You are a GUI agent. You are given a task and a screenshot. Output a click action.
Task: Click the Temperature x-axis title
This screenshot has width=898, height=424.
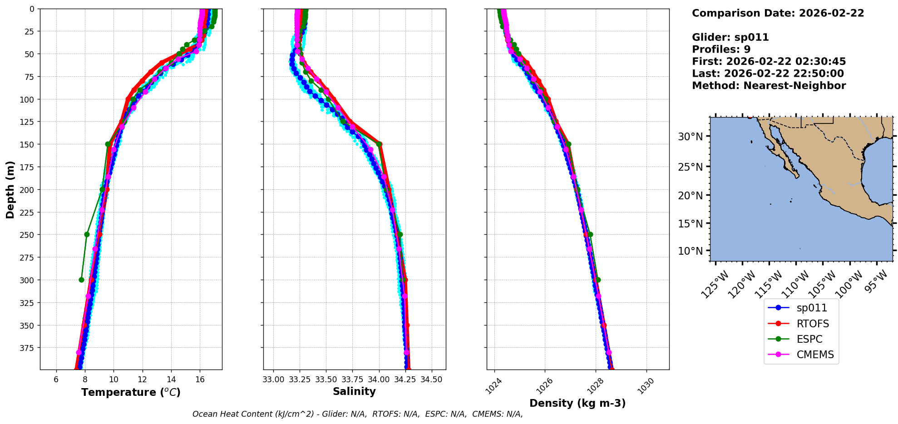131,392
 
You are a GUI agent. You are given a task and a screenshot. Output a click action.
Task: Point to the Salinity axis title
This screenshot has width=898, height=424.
354,391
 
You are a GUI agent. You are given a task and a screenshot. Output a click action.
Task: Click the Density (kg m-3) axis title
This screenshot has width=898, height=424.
577,403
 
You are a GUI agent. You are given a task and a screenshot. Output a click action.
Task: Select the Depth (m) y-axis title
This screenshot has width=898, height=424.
10,189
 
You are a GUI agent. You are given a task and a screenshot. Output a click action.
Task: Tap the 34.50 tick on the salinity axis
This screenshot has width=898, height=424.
431,380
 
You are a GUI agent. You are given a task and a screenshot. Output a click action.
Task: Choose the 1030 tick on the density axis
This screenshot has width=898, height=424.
646,385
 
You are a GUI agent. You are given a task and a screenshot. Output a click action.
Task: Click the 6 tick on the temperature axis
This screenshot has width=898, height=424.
56,380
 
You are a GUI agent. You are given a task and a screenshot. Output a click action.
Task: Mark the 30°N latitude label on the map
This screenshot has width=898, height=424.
690,137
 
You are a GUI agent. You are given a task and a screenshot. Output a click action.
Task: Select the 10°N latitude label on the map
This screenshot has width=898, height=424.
690,251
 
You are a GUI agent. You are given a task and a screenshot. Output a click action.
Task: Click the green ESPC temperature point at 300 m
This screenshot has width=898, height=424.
81,280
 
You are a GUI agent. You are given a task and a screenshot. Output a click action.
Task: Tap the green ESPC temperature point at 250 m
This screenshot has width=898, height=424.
87,235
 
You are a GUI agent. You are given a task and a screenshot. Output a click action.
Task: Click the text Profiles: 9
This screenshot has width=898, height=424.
721,49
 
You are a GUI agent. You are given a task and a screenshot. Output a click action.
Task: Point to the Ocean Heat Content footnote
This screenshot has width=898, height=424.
357,414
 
